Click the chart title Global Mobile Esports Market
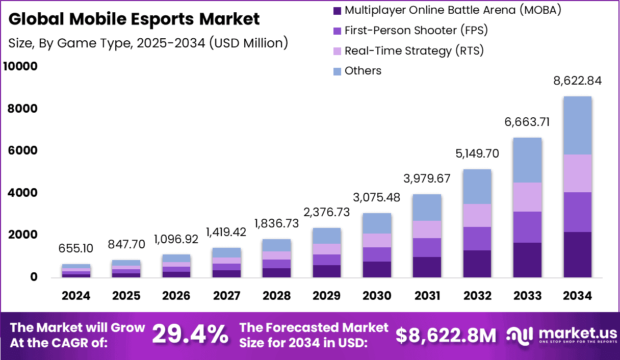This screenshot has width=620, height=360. tap(134, 19)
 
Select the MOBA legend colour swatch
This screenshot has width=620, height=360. tap(337, 10)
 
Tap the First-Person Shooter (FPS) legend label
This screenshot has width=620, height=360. tap(416, 31)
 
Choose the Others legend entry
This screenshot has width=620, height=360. tap(363, 71)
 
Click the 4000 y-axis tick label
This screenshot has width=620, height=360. tap(23, 193)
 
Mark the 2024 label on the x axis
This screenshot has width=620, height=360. tap(76, 296)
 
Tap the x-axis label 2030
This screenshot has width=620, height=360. tap(377, 296)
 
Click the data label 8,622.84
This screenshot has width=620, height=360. tap(578, 81)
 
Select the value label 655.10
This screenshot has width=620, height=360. tap(76, 248)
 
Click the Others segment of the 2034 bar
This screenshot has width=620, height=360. tap(577, 125)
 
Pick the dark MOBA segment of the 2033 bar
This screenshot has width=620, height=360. tap(527, 260)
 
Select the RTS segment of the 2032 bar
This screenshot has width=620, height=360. tap(477, 215)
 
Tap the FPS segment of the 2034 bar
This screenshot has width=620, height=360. tap(577, 212)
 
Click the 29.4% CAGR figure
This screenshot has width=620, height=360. tap(190, 335)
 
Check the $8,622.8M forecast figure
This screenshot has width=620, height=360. tap(446, 335)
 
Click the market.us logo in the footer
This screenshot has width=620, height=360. tap(561, 335)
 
